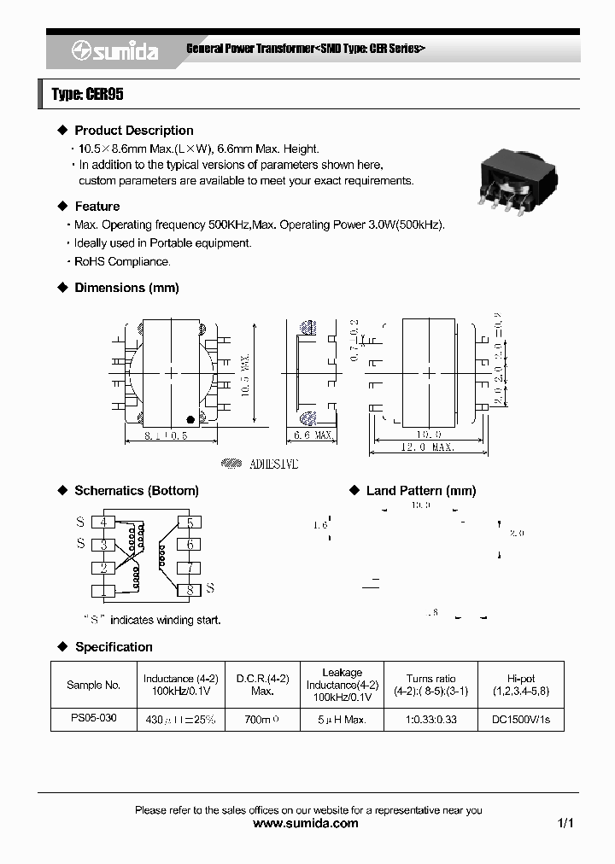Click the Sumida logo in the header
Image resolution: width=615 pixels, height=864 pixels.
coord(114,51)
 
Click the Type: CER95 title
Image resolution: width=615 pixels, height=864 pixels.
coord(87,95)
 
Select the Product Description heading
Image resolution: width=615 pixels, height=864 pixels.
coord(133,131)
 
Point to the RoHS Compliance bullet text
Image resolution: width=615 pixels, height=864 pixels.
coord(122,262)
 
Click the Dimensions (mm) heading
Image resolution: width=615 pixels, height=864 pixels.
coord(126,288)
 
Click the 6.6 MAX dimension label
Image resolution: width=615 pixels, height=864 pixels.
coord(313,435)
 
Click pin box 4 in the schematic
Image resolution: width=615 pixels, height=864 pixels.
coord(103,522)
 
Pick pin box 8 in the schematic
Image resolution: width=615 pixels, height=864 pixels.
coord(190,589)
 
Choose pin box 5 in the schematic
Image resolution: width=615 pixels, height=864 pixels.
coord(190,522)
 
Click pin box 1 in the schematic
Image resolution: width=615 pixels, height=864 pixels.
coord(103,590)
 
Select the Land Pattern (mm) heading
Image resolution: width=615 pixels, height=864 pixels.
coord(420,491)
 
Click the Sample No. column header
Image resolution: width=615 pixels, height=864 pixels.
coord(93,685)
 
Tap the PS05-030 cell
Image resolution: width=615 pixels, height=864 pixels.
coord(93,719)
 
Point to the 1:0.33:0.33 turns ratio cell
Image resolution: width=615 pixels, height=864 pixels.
coord(430,720)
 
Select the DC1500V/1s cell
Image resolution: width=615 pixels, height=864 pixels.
coord(521,720)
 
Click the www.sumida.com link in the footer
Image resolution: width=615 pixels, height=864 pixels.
coord(307,823)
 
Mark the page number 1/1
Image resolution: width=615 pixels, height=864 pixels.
coord(565,823)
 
